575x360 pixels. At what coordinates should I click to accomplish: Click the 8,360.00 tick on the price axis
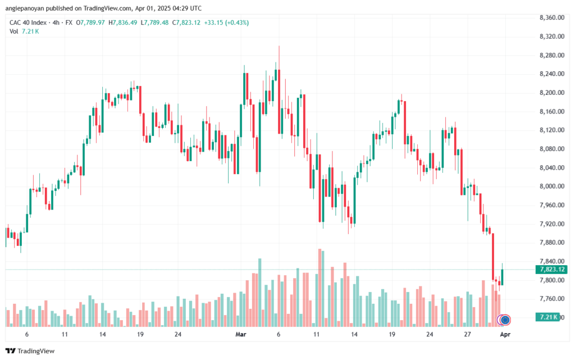(x=551, y=17)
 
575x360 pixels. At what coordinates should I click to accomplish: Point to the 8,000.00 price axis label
(x=551, y=186)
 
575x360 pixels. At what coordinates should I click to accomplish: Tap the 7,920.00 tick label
(x=551, y=224)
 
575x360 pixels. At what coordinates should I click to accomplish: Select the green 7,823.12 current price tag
(x=551, y=270)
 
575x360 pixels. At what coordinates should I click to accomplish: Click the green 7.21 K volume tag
(x=547, y=317)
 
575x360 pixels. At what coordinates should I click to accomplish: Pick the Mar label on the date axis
(x=240, y=334)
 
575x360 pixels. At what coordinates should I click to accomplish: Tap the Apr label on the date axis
(x=505, y=334)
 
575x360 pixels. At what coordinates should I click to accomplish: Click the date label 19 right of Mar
(x=392, y=334)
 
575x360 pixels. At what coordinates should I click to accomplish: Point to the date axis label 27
(x=467, y=334)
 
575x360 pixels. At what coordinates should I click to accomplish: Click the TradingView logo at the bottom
(x=30, y=351)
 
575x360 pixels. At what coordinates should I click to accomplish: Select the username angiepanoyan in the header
(x=25, y=8)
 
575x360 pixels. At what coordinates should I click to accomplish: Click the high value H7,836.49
(x=122, y=22)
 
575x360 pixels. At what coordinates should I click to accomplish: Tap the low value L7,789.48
(x=154, y=22)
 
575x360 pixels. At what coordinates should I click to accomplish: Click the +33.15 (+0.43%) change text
(x=226, y=22)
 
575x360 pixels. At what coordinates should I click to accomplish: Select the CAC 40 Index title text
(x=28, y=22)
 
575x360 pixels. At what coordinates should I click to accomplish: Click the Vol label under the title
(x=13, y=31)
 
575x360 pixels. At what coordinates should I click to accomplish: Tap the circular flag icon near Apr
(x=505, y=320)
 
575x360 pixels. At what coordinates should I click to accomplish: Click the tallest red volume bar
(x=320, y=288)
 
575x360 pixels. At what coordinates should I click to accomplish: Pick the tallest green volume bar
(x=259, y=293)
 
